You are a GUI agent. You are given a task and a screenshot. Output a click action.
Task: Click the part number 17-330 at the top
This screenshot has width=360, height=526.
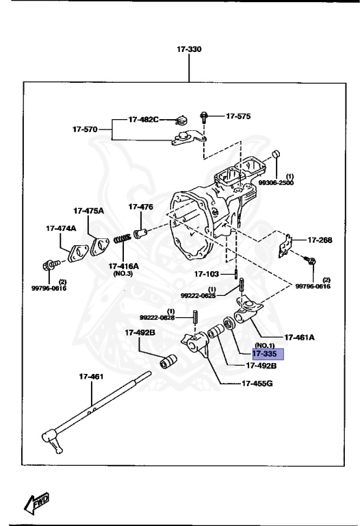190,50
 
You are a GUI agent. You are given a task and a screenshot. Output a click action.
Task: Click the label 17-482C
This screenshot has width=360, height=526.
143,120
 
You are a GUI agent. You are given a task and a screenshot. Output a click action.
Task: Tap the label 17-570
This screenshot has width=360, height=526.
86,129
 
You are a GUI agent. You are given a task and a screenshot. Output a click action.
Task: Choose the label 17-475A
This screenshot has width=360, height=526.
89,210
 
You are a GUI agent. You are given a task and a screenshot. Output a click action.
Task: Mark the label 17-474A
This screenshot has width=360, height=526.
61,228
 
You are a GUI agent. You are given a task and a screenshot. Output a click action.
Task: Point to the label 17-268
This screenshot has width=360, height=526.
319,240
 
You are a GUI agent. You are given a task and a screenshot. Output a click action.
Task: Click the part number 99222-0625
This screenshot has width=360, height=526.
198,295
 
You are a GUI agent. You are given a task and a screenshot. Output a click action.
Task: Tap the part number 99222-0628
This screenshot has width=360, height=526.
157,318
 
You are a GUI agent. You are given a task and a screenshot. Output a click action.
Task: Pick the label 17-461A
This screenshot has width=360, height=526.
299,337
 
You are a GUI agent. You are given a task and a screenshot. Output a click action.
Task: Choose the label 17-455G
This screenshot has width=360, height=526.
257,383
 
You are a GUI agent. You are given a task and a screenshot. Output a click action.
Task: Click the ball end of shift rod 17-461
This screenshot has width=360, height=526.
50,436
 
